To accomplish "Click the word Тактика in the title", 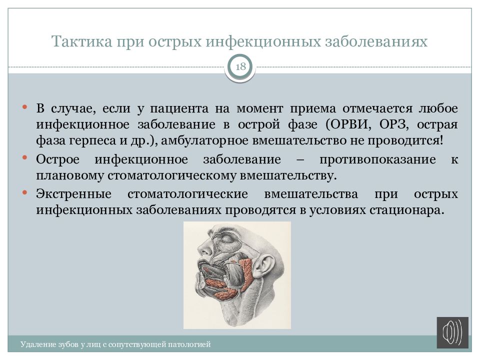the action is tap(81, 41).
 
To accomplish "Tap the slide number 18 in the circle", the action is tap(240, 66).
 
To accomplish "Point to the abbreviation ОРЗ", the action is tap(394, 124).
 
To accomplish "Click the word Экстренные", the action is tap(74, 194).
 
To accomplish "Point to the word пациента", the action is tap(179, 108).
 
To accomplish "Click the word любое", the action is tap(438, 108).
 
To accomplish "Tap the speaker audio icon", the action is tap(452, 333).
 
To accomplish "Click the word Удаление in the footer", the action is tap(34, 344).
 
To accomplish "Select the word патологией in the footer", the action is tap(193, 344).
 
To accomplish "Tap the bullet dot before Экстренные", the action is tap(25, 192).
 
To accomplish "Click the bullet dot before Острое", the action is tap(25, 158).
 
